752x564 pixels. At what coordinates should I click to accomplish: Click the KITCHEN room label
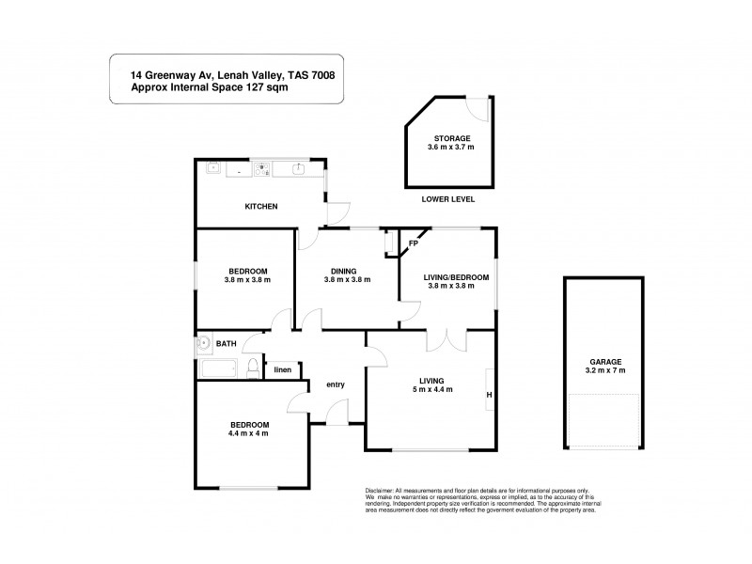click(260, 206)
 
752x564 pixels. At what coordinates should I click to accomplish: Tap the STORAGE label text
click(451, 138)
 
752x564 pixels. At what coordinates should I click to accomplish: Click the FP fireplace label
click(413, 244)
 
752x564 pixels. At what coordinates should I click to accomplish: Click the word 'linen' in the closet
click(282, 369)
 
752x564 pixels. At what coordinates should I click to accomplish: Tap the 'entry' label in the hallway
click(336, 384)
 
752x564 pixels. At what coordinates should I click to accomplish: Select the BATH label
click(227, 344)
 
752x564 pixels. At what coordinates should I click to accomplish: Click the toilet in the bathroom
click(252, 368)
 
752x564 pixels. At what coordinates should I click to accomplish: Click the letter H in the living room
click(488, 395)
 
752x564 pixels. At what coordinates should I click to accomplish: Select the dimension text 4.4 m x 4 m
click(248, 433)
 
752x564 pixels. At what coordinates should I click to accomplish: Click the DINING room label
click(342, 271)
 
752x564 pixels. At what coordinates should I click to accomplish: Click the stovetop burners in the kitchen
click(263, 170)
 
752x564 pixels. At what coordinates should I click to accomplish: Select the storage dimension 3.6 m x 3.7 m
click(451, 148)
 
